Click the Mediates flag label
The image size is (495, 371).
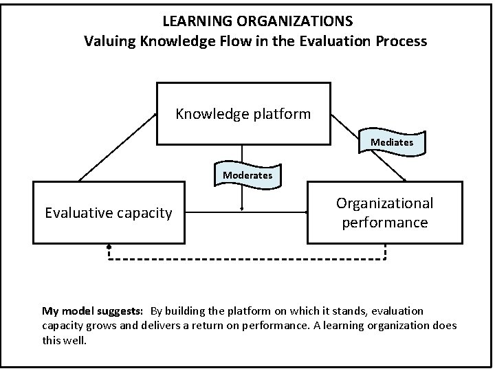392,142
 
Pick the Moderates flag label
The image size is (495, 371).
247,175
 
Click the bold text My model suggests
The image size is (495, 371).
93,311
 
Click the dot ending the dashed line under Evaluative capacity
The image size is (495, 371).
109,246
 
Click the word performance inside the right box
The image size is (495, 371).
384,222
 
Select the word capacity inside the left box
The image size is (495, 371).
144,213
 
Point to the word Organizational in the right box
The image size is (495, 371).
384,203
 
